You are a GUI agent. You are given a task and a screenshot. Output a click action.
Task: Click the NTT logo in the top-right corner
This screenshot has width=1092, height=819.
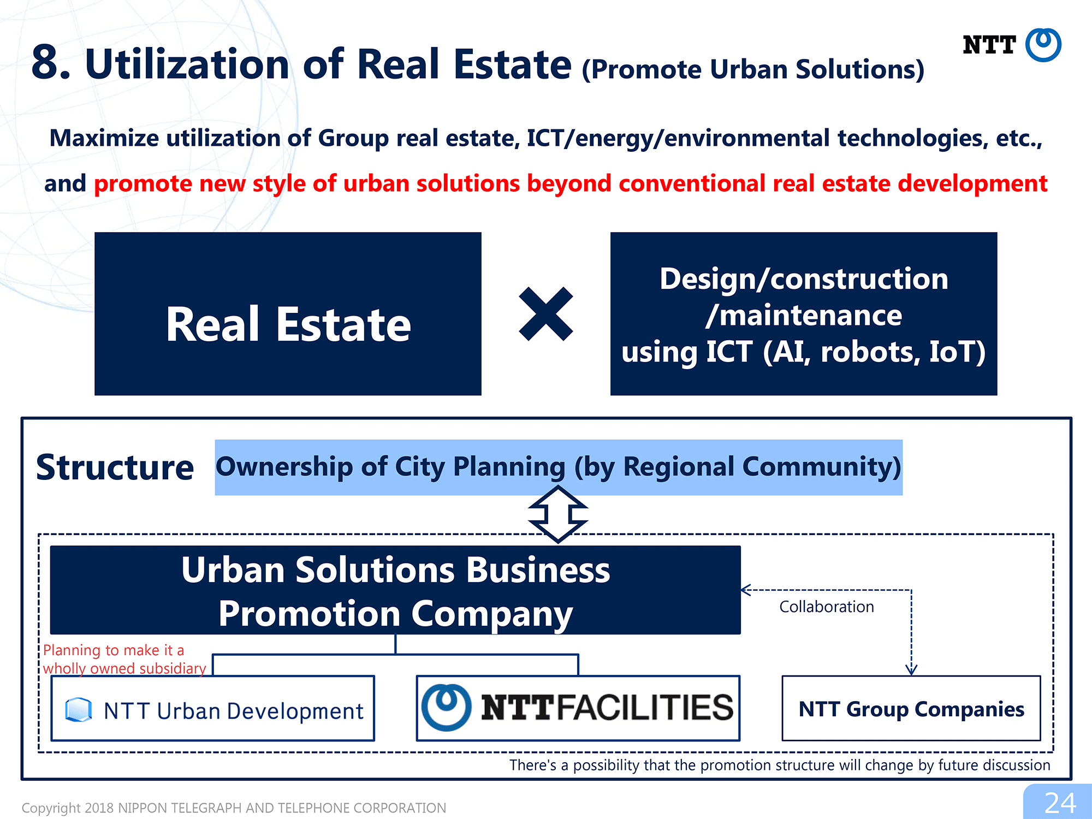click(x=1012, y=45)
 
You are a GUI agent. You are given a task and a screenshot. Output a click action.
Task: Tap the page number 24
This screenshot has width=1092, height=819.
click(x=1060, y=803)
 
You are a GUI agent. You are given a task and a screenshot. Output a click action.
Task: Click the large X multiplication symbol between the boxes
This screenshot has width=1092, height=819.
click(x=546, y=314)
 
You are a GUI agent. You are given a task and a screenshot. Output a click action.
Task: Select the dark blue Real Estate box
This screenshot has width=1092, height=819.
click(x=288, y=313)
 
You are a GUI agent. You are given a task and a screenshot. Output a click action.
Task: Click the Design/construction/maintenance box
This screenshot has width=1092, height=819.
click(x=804, y=313)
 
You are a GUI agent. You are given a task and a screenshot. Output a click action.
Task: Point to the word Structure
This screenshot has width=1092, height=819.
click(x=115, y=467)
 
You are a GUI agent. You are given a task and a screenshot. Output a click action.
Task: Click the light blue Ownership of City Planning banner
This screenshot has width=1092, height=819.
click(x=559, y=467)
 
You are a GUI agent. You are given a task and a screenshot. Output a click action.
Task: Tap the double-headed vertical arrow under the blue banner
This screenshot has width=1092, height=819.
click(x=558, y=514)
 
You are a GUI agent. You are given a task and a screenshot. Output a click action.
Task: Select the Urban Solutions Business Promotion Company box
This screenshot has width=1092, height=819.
click(x=395, y=590)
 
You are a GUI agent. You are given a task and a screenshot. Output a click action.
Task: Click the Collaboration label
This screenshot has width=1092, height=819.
click(x=827, y=607)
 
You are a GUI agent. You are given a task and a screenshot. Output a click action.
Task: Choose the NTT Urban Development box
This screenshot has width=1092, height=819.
click(x=213, y=708)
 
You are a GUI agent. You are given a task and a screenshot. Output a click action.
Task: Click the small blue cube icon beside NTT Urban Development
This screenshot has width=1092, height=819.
click(x=79, y=710)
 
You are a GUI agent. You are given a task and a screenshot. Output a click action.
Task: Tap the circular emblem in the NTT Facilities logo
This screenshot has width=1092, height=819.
click(x=446, y=708)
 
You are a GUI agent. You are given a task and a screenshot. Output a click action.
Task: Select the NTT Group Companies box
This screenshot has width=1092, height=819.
click(x=911, y=708)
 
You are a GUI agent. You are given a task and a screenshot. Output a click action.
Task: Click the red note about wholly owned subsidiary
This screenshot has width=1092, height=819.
click(x=124, y=659)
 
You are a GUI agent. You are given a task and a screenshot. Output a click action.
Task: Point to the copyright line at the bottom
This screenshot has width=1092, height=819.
click(x=234, y=808)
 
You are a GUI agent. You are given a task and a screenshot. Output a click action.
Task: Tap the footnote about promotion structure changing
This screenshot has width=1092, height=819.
click(x=780, y=765)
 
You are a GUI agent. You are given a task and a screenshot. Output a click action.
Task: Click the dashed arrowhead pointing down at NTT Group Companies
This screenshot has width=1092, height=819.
click(x=911, y=669)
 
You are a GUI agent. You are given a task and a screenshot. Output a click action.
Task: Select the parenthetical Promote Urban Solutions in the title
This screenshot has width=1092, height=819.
click(x=753, y=70)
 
